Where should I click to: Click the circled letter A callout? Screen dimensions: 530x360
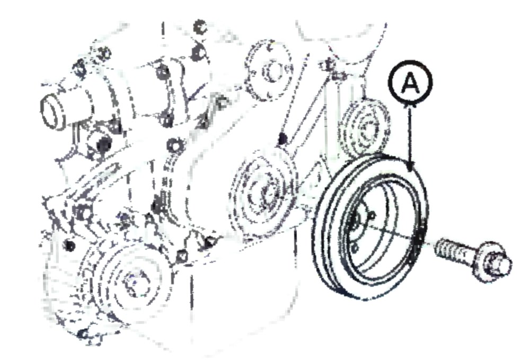[410, 83]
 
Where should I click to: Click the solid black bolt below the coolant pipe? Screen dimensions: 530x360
[104, 145]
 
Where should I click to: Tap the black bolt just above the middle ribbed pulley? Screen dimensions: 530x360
[283, 138]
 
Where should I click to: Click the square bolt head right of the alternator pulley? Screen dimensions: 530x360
[182, 256]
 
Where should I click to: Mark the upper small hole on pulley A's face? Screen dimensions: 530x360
[372, 215]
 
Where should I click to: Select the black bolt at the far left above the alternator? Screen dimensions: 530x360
[70, 245]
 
